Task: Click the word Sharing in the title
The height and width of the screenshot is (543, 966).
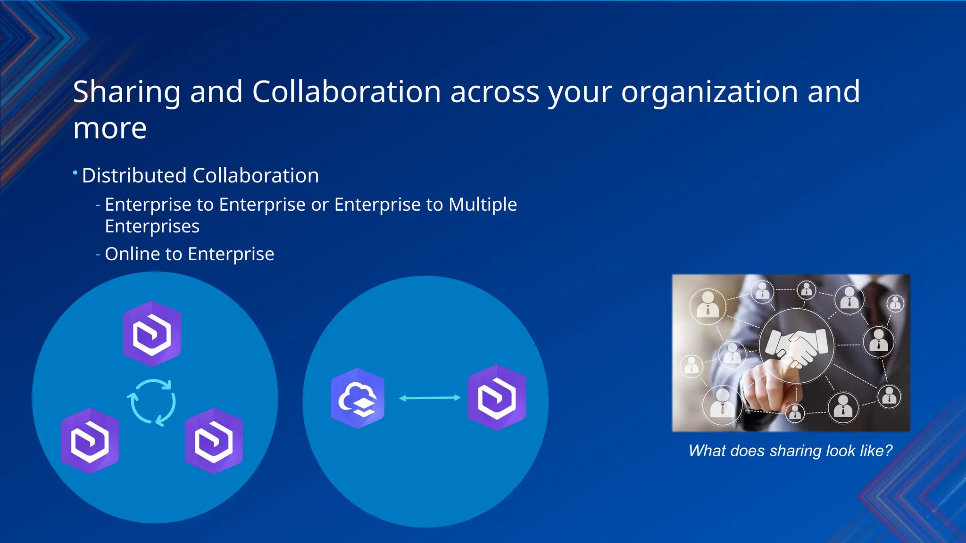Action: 126,92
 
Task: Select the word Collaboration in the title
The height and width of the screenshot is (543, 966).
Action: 346,92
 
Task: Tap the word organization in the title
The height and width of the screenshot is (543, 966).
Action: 709,92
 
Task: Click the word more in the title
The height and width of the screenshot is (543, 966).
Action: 110,129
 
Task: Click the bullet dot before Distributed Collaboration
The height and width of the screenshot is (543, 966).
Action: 75,173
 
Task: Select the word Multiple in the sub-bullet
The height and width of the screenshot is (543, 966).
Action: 483,205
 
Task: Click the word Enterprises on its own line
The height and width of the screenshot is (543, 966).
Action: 152,227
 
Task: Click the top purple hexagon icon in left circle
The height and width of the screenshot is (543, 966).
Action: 152,334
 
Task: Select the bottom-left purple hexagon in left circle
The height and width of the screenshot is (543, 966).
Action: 90,441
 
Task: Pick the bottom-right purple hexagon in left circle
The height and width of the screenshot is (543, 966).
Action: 214,441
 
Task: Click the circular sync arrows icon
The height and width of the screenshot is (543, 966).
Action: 151,403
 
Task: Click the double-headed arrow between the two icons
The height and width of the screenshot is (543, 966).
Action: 430,398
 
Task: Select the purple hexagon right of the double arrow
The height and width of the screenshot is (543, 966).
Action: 497,397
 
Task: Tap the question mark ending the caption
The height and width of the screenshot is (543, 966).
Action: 888,451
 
